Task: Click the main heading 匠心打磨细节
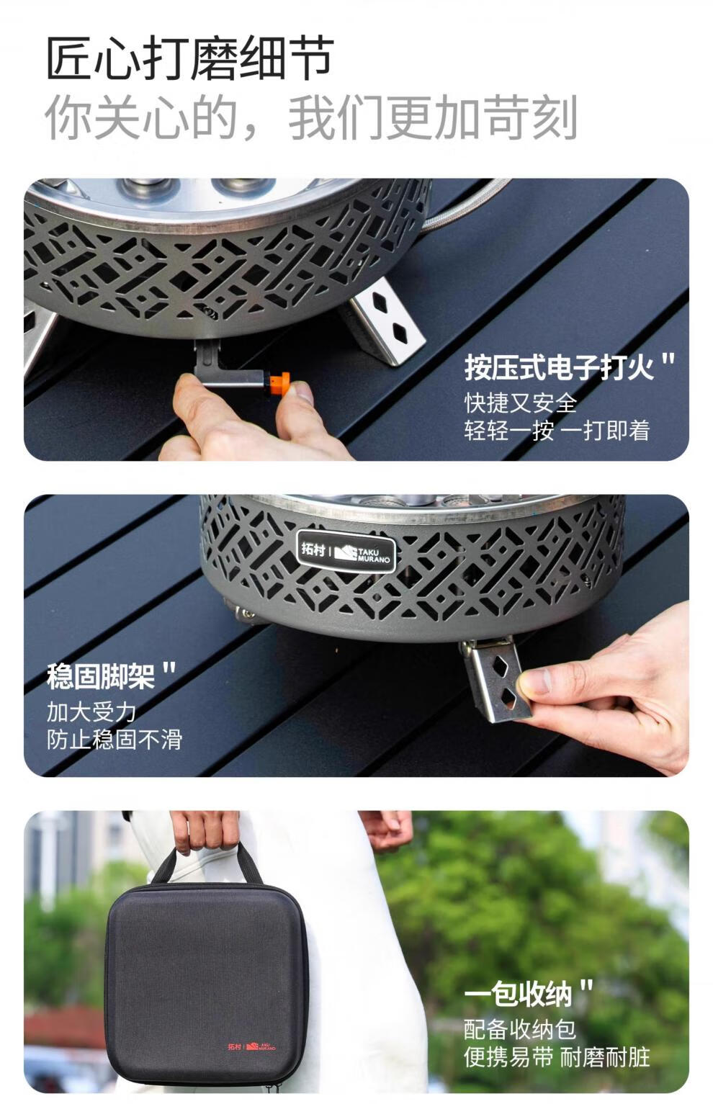coord(190,58)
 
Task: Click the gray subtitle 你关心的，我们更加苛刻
coord(311,117)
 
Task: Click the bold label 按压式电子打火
coord(560,367)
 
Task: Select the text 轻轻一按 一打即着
coord(557,430)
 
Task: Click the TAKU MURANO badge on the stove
coord(346,551)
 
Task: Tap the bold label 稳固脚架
coord(102,676)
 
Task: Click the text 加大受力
coord(91,712)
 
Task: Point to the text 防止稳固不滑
coord(115,740)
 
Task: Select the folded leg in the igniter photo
coord(385,320)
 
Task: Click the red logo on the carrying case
coord(251,1046)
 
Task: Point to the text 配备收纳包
coord(520,1029)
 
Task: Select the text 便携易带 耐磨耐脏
coord(557,1056)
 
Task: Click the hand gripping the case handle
coord(205,833)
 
